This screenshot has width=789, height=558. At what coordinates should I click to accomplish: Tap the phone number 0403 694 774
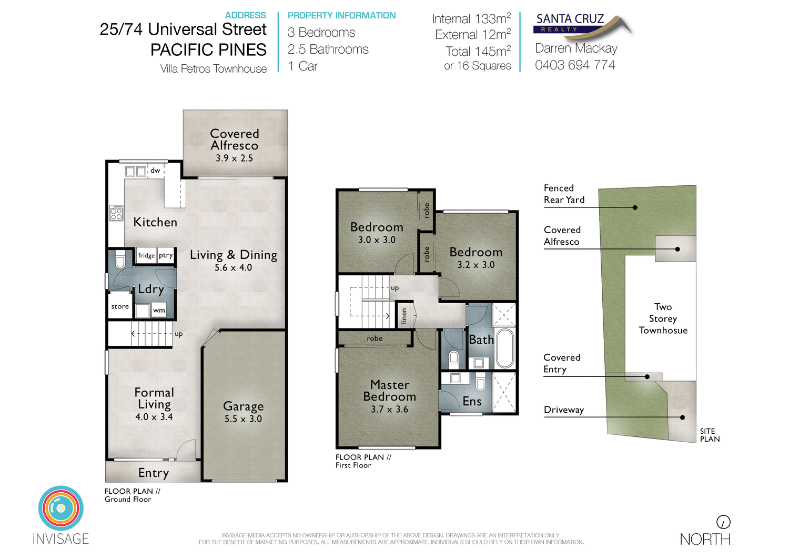click(x=575, y=65)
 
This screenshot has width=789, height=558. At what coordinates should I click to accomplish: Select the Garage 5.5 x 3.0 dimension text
click(x=243, y=419)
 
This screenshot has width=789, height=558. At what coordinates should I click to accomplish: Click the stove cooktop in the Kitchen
click(x=116, y=213)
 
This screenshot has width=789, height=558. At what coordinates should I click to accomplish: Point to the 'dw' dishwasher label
click(x=155, y=171)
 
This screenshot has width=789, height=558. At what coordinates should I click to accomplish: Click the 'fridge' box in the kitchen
click(x=146, y=256)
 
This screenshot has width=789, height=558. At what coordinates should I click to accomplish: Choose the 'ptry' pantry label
click(x=166, y=255)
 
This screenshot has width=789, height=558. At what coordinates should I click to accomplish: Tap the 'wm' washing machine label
click(x=159, y=311)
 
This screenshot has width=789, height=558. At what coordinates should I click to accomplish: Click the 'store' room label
click(x=120, y=306)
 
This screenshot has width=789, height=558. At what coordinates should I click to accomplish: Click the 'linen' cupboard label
click(x=404, y=316)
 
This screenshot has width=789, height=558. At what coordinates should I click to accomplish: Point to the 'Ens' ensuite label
click(x=472, y=402)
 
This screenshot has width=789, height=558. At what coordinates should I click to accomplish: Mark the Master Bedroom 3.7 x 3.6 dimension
click(x=389, y=410)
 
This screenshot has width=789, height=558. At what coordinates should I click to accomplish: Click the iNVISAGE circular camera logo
click(x=61, y=507)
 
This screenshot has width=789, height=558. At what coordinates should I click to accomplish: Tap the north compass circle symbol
click(x=723, y=522)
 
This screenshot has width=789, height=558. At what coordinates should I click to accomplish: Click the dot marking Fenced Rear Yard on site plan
click(x=635, y=207)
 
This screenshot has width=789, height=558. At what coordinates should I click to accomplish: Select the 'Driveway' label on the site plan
click(x=564, y=410)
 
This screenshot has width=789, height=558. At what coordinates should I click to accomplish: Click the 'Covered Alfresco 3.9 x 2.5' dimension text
click(x=234, y=158)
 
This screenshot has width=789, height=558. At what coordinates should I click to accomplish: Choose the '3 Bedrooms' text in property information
click(x=321, y=33)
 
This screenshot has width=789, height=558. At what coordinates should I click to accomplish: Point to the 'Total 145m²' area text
click(x=478, y=52)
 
